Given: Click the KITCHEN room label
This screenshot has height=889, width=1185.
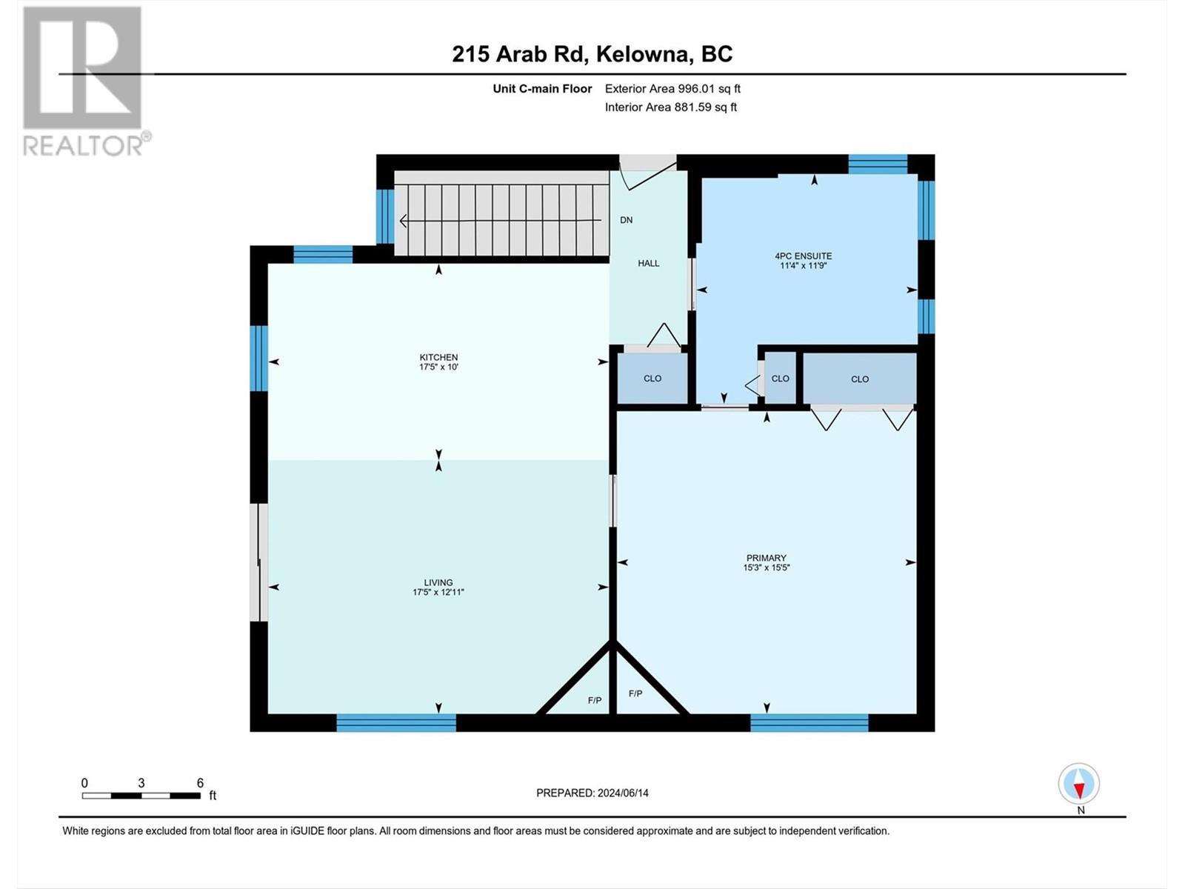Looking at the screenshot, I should coord(438,357).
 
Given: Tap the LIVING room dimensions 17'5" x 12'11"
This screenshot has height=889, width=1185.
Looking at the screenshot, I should coord(438,593).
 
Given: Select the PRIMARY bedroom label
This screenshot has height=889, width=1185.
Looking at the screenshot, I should coord(766,558).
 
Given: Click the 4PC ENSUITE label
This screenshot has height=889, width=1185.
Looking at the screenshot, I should coord(803,256).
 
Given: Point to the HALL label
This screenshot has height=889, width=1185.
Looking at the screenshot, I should coord(648,263).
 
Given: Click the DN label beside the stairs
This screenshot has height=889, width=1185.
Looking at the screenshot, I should coord(627,220).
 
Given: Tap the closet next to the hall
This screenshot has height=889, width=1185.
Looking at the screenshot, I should coord(652,379).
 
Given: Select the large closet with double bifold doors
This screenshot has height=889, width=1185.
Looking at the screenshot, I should coord(859,379).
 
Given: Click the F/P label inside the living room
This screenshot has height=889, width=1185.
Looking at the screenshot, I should coord(594,700).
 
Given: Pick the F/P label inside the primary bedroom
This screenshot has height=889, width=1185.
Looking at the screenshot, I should coord(635,693).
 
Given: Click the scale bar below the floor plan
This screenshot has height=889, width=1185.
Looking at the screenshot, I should coord(141,796).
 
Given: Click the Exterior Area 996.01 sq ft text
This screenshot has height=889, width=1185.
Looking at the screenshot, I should coord(672,89).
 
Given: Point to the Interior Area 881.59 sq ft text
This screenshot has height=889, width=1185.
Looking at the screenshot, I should coord(670,107).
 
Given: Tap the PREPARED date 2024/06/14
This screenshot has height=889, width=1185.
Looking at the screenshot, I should coord(592,793).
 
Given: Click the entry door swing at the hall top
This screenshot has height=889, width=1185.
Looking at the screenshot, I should coord(646,174).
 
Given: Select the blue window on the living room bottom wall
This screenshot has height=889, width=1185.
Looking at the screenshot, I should coord(396,722).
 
